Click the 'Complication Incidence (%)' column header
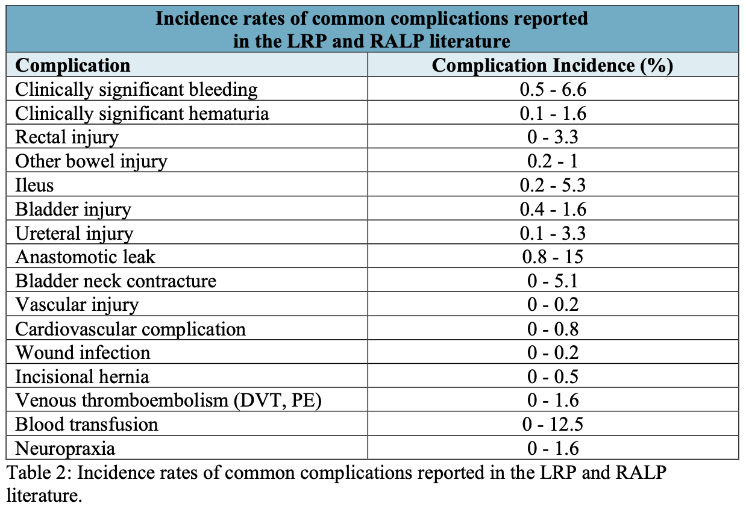click(x=552, y=65)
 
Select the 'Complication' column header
click(x=72, y=65)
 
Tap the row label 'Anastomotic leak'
click(x=85, y=257)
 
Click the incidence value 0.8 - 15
click(x=553, y=257)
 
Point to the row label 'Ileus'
click(x=34, y=185)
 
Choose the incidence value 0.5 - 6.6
click(x=553, y=89)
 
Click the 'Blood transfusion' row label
click(x=86, y=424)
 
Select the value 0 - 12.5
click(x=553, y=424)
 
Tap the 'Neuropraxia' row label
click(x=65, y=448)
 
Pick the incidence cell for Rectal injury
click(x=553, y=137)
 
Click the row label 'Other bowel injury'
click(x=91, y=161)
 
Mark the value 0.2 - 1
click(x=553, y=161)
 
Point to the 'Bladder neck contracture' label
click(x=115, y=281)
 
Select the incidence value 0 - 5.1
click(x=553, y=281)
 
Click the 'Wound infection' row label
click(x=83, y=352)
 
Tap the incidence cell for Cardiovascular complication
click(x=553, y=328)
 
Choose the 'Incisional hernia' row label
click(x=82, y=376)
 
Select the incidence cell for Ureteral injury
click(x=553, y=233)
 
